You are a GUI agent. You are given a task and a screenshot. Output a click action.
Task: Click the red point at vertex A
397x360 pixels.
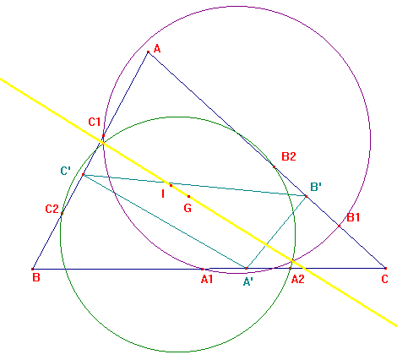coord(149,52)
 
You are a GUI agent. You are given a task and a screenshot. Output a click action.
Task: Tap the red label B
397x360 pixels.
coord(36,278)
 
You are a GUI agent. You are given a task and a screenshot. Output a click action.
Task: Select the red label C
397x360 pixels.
coord(384,279)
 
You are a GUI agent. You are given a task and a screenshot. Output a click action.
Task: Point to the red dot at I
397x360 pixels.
coord(171,185)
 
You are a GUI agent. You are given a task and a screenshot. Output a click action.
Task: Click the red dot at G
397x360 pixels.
coord(188,196)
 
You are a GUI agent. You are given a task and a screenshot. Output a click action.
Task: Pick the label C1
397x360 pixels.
coord(95,122)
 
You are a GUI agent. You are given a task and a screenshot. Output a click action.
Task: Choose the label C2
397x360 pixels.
coord(52,209)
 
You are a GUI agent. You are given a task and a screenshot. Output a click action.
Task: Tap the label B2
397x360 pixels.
coord(289,156)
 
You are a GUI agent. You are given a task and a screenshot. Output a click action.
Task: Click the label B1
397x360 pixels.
coord(353,217)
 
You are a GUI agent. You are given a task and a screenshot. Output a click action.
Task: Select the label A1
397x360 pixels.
coord(207,279)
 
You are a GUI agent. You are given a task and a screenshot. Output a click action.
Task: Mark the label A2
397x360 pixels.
coord(297,279)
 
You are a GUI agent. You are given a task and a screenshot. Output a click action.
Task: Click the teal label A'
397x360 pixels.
coord(247,281)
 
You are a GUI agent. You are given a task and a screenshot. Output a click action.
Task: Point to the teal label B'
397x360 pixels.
coord(316,187)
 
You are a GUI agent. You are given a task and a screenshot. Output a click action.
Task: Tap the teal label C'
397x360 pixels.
coord(66,171)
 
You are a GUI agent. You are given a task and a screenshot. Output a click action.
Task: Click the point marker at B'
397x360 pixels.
coord(306,196)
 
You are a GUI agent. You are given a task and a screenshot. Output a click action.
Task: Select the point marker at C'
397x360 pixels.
coord(83,175)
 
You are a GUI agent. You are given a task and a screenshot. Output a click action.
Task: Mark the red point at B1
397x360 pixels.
coord(339,226)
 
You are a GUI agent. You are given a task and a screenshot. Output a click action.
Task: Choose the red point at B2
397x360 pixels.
coord(274,166)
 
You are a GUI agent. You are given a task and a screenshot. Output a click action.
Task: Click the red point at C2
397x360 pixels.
coord(62,213)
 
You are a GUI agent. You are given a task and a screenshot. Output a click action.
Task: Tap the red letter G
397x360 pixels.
coord(188,208)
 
